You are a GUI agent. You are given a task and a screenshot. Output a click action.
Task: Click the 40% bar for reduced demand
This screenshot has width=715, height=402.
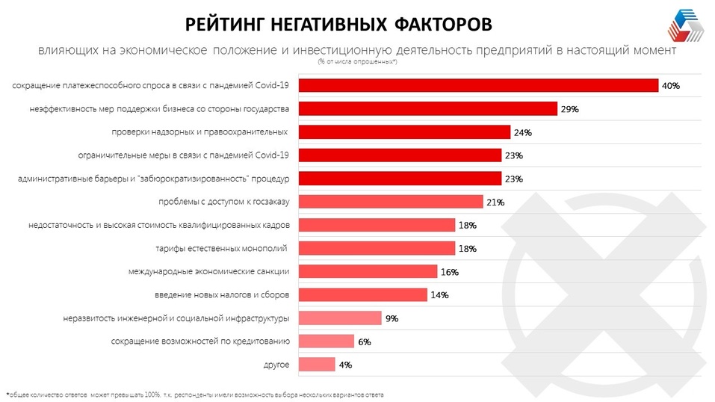pos(478,85)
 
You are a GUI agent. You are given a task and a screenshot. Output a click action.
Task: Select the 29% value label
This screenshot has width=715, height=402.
pos(570,109)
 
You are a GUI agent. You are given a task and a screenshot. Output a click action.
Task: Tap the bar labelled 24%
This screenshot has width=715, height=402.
pos(404,132)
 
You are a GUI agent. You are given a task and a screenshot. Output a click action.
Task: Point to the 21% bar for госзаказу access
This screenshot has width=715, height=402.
pos(391,202)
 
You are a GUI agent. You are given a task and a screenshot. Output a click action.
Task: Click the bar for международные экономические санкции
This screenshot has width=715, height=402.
pos(368,271)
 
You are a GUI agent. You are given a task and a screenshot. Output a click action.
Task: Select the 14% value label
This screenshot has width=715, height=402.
pos(439,295)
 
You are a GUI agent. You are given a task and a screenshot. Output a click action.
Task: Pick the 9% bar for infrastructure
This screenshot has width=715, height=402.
pos(340,318)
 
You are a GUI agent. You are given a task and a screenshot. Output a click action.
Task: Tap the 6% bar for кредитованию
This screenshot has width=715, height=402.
pos(326,341)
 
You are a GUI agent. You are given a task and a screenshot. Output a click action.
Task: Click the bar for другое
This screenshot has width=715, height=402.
pos(317,365)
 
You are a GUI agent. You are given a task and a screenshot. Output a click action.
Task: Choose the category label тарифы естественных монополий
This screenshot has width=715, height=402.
pos(223,248)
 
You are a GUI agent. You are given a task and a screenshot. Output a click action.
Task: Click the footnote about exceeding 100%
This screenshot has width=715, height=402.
pos(198,394)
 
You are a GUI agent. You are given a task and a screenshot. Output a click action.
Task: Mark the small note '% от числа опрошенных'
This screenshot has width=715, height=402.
pos(357,61)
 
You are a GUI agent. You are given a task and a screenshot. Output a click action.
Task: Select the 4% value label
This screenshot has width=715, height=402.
pos(344,365)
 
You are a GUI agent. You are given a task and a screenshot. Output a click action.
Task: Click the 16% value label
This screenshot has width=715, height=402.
pos(449,272)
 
